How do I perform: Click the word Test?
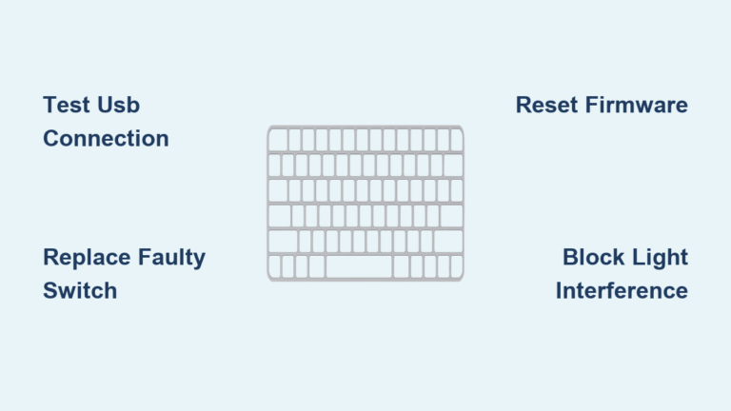(x=66, y=105)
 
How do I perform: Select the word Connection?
(x=106, y=138)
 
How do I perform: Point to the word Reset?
(x=546, y=105)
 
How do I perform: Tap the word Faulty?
(x=171, y=257)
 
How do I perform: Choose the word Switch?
(x=80, y=290)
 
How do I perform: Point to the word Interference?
(x=622, y=290)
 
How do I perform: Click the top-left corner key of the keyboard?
(x=278, y=141)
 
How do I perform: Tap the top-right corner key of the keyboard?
(x=456, y=141)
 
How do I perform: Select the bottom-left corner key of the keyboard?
(x=275, y=267)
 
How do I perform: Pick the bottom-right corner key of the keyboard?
(x=457, y=267)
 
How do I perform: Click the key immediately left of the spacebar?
(x=316, y=267)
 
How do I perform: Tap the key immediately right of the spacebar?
(x=401, y=267)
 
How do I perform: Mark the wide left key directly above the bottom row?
(x=283, y=242)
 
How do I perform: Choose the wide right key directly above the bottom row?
(x=448, y=242)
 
